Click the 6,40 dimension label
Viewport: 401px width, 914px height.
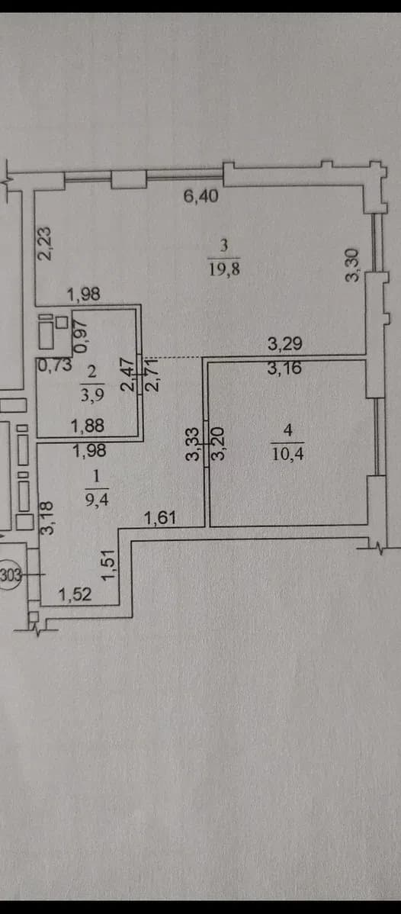click(201, 196)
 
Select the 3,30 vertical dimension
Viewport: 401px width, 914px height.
click(353, 265)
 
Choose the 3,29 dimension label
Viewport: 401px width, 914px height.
click(285, 345)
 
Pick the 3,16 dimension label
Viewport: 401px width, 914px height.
click(285, 368)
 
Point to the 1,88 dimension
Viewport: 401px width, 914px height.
click(88, 426)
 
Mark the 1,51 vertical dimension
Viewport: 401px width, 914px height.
click(109, 565)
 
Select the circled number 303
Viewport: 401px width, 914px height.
click(11, 575)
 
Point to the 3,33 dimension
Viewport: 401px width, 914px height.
click(194, 444)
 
